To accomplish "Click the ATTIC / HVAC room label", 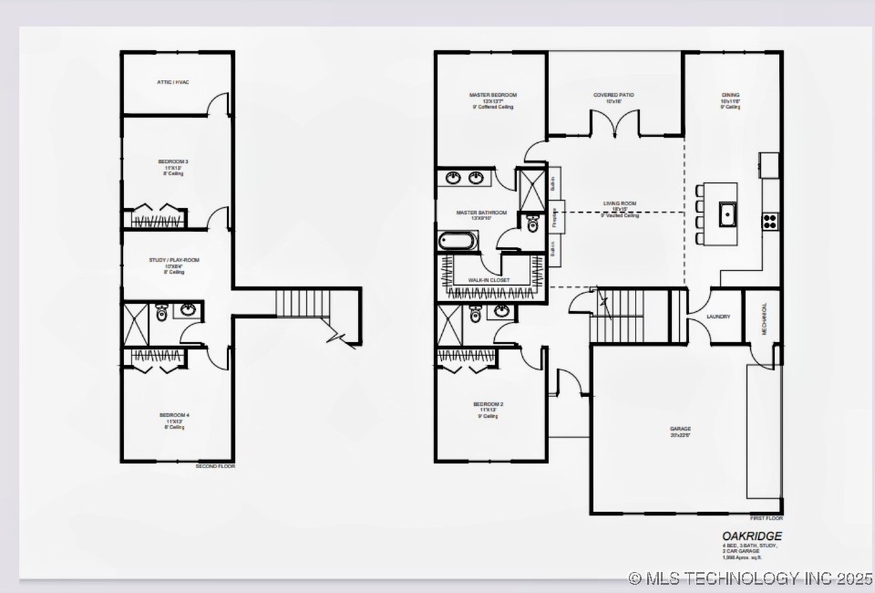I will pos(173,82).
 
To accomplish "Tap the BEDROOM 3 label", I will pos(173,161).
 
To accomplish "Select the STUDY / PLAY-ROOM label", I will pos(174,260).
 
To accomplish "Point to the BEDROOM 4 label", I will pos(174,415).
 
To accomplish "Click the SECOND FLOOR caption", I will pos(215,466).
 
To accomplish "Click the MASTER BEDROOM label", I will pos(493,95).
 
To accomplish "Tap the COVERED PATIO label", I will pos(613,95).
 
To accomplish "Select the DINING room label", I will pos(731,95).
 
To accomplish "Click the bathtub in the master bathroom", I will pos(458,242).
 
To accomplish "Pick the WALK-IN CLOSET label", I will pos(489,280).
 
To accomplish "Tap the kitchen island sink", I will pos(726,214).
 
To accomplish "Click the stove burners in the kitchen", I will pos(770,220).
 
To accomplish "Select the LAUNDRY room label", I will pos(718,317).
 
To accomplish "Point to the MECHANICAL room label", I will pos(765,319).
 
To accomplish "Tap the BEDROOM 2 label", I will pos(489,404).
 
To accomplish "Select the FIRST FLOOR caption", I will pos(763,518).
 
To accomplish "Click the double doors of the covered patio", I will pos(614,123).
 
